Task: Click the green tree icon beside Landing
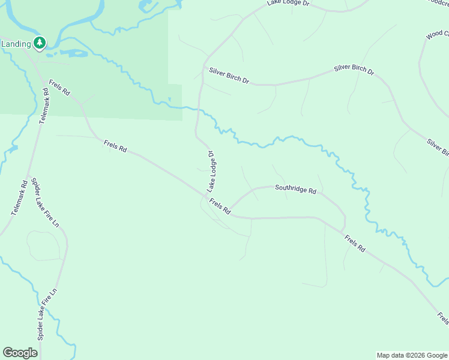[x=40, y=43]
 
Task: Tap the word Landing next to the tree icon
[x=16, y=44]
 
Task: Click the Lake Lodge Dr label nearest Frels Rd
[x=211, y=172]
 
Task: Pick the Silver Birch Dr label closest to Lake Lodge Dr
[x=229, y=75]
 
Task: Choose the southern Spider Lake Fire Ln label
[x=47, y=315]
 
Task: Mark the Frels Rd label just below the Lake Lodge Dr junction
[x=220, y=206]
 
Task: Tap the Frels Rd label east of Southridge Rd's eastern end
[x=355, y=243]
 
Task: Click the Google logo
[x=20, y=353]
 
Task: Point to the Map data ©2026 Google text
[x=412, y=355]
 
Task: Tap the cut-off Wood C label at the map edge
[x=437, y=35]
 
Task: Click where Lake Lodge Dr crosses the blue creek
[x=198, y=110]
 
